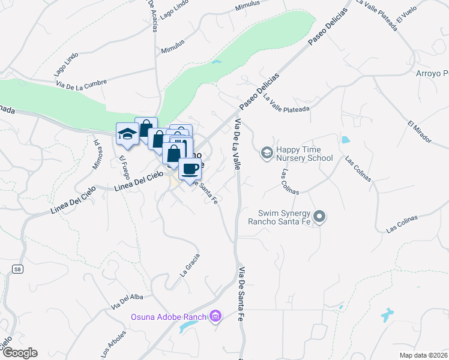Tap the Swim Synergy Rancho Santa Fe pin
pos(320,217)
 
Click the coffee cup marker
pos(190,170)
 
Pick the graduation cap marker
pos(127,134)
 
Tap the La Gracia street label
pos(190,265)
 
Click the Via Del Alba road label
pos(127,301)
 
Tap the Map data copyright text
pos(424,355)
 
